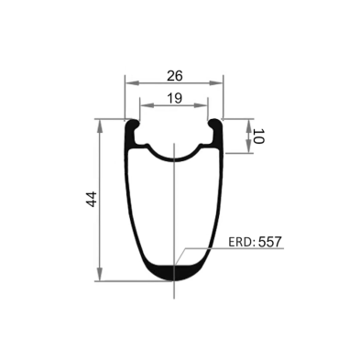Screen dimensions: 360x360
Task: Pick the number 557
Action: pyautogui.click(x=270, y=243)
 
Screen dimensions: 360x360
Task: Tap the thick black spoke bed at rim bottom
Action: pyautogui.click(x=173, y=272)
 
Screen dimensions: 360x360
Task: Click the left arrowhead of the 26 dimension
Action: pyautogui.click(x=127, y=80)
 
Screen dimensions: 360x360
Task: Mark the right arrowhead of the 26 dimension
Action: pyautogui.click(x=220, y=80)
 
